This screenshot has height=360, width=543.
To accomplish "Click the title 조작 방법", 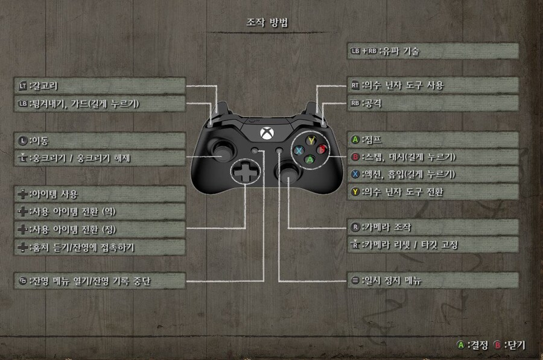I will [267, 24].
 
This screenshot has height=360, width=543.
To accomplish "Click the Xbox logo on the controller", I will [267, 132].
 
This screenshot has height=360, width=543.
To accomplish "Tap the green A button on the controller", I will [310, 160].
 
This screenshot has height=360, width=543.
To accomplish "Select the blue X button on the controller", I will [299, 150].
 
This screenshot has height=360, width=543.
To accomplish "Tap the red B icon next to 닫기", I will [498, 346].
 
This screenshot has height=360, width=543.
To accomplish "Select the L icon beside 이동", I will [23, 141].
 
